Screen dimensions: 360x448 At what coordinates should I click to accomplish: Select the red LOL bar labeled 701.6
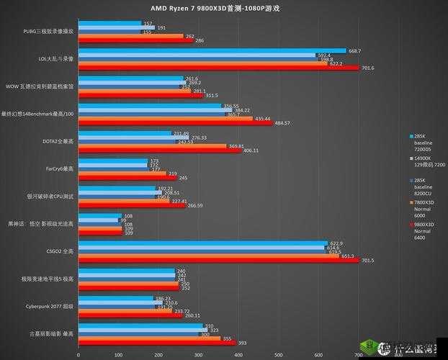[x=216, y=68]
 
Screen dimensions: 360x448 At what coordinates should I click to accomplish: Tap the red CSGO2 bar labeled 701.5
[x=216, y=260]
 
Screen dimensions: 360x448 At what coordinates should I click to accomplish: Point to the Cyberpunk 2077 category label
[x=53, y=306]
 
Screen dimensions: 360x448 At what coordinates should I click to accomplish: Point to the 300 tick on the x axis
[x=197, y=355]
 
